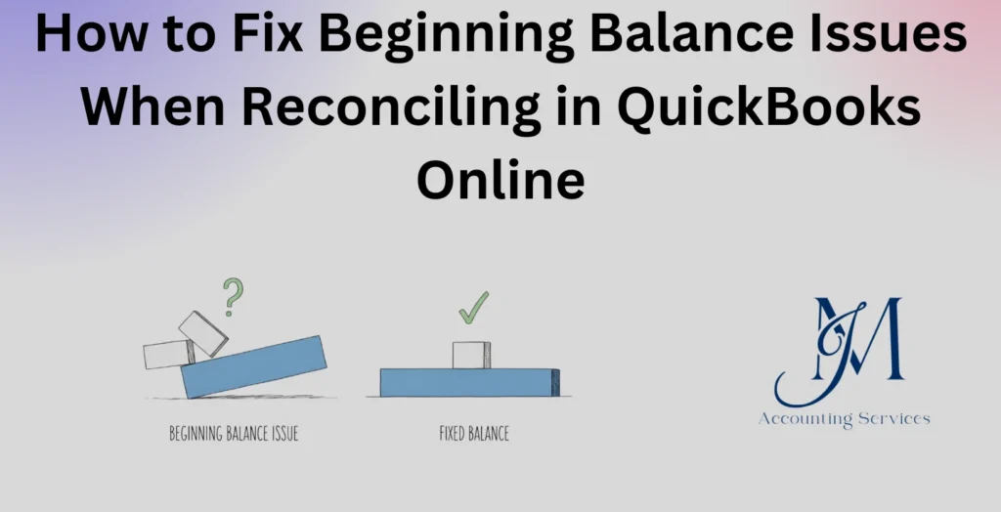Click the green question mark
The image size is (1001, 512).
[231, 296]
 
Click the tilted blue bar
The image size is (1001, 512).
[254, 365]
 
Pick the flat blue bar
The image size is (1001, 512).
[469, 382]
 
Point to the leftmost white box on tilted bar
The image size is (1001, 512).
[166, 354]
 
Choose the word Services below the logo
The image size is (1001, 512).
[892, 419]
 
